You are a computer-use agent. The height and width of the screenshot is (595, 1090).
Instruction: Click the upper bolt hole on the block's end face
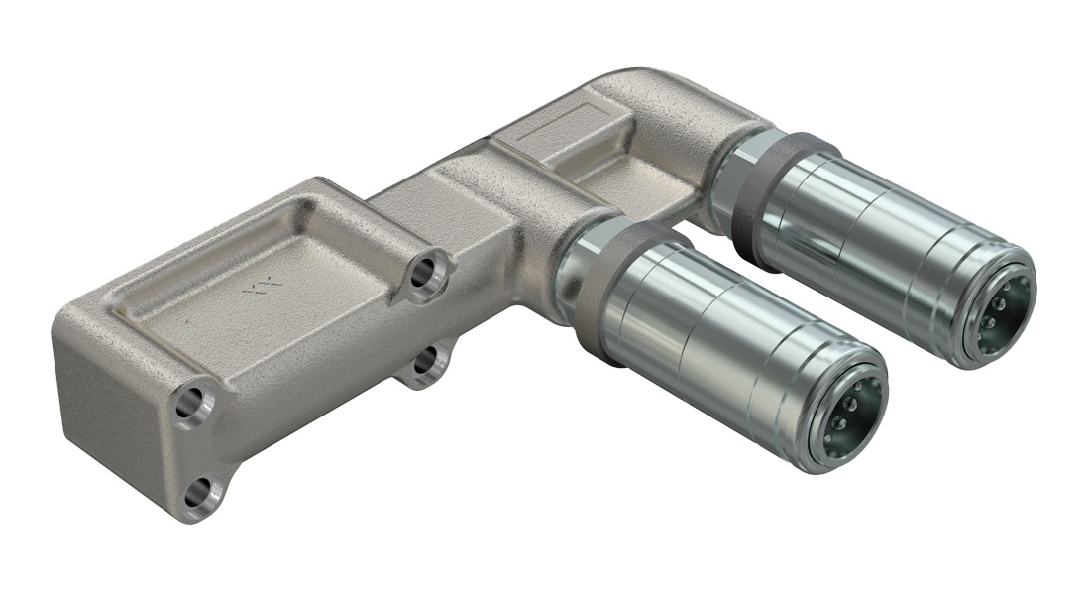(x=194, y=404)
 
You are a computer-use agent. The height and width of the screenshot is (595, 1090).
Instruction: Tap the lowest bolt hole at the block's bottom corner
(x=201, y=491)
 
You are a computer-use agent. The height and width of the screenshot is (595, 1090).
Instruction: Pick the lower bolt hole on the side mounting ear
(x=426, y=362)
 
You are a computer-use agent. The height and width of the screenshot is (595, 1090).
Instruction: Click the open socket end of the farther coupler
(x=995, y=309)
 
